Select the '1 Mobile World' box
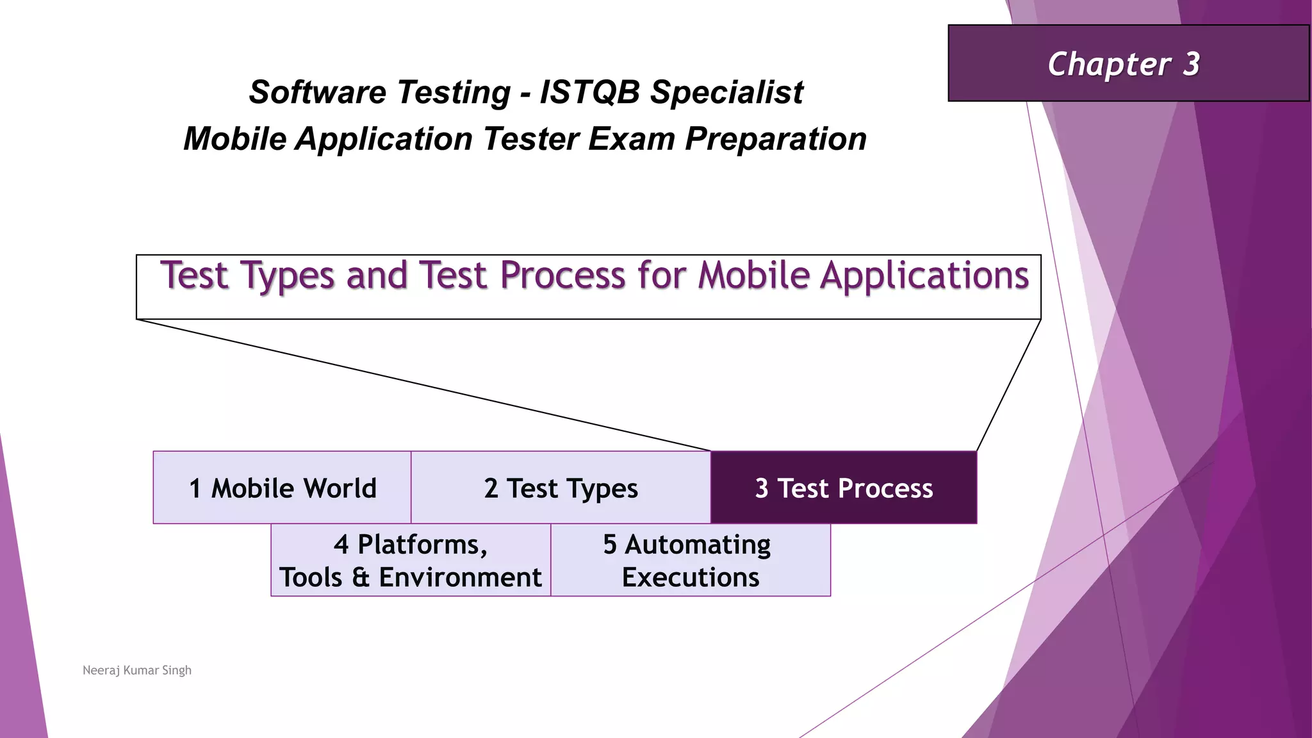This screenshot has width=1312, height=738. pos(282,488)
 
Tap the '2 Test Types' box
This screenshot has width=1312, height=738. pos(561,488)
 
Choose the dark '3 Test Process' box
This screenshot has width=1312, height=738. pos(844,488)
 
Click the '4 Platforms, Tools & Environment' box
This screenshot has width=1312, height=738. pos(410,561)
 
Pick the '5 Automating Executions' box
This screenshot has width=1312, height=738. pos(690,561)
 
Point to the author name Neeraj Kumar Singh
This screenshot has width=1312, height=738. pos(137,670)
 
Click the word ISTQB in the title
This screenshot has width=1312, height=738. pos(589,92)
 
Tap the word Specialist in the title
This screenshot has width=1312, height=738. pos(726,92)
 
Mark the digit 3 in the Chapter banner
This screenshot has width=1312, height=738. pos(1191,64)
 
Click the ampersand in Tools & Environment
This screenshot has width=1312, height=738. pos(361,578)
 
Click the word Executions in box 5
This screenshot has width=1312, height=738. pos(690,578)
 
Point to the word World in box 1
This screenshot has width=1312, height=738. pos(340,488)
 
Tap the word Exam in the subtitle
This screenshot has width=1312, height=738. pos(631,139)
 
